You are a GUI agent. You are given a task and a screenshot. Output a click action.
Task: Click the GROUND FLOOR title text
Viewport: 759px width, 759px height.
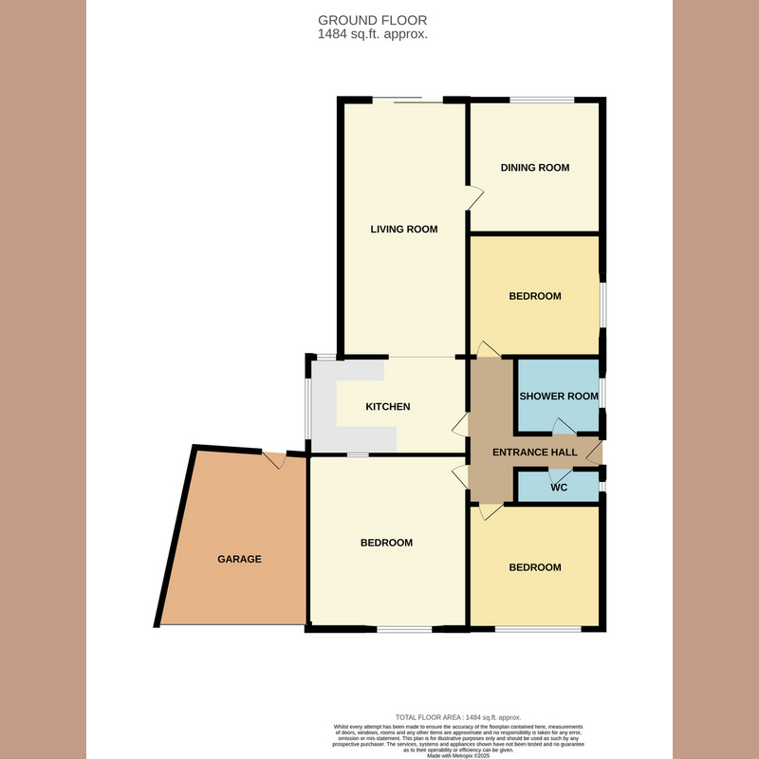click(x=372, y=20)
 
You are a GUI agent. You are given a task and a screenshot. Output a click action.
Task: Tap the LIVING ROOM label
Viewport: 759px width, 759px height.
click(x=404, y=229)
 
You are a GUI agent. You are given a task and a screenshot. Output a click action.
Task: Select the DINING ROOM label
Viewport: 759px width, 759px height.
click(x=535, y=168)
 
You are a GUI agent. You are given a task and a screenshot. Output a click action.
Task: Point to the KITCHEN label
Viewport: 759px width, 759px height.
click(x=388, y=407)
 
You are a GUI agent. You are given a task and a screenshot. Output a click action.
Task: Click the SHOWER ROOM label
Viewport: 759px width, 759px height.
click(x=558, y=396)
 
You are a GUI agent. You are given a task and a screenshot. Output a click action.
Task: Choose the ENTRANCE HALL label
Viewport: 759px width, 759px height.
click(x=535, y=453)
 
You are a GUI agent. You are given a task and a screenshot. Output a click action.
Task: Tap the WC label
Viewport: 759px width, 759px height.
click(x=559, y=488)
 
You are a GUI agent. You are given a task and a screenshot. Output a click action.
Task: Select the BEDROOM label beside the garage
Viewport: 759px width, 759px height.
click(x=386, y=543)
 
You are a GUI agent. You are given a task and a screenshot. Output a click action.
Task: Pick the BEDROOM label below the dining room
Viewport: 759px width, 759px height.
click(x=535, y=296)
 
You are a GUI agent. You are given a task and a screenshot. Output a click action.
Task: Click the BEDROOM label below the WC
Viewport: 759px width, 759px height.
click(x=535, y=567)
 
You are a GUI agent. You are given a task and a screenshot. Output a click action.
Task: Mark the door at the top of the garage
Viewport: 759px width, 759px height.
click(x=275, y=460)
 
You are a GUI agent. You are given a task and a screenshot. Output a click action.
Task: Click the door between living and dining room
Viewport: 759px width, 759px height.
click(x=473, y=200)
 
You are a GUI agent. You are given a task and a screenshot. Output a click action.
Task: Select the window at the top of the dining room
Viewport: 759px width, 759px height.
click(x=542, y=100)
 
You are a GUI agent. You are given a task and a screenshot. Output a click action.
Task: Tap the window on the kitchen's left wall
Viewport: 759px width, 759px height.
click(x=306, y=403)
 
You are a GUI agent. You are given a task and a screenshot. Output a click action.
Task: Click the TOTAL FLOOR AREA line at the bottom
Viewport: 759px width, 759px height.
click(x=457, y=717)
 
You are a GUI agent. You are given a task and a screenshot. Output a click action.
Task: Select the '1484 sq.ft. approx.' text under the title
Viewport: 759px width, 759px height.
click(x=372, y=34)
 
